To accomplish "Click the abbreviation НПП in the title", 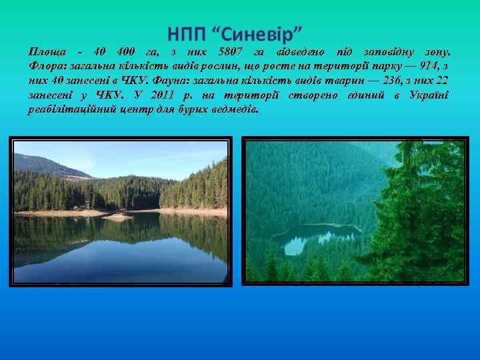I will click(188, 33).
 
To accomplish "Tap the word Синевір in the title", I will click(259, 33).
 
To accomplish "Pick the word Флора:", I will click(47, 66).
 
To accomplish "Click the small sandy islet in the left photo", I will click(117, 217).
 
